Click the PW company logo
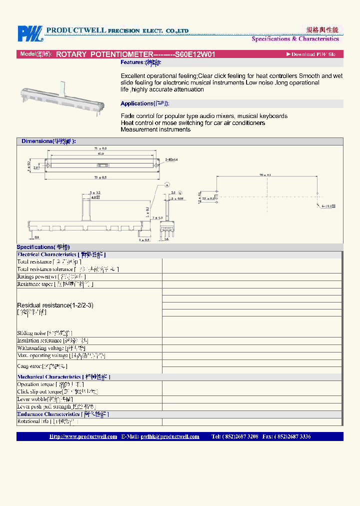click(30, 33)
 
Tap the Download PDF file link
click(310, 54)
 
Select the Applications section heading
click(145, 103)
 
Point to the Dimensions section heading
click(48, 141)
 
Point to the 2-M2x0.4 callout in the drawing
click(171, 159)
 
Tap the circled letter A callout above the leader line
click(167, 184)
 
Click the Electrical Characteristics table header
click(61, 254)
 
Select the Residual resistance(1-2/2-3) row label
click(55, 305)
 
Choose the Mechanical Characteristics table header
click(63, 376)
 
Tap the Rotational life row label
click(47, 421)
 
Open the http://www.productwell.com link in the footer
click(83, 436)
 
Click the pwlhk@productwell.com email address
click(170, 436)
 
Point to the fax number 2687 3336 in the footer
click(298, 436)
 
